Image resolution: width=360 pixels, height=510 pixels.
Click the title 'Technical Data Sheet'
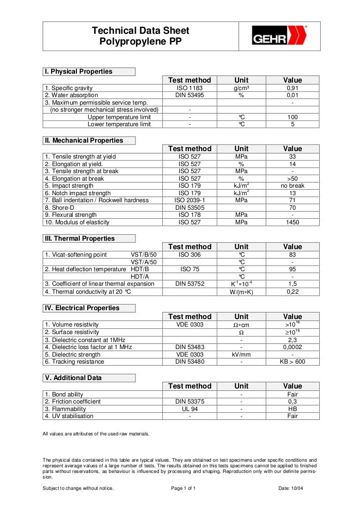pyautogui.click(x=141, y=31)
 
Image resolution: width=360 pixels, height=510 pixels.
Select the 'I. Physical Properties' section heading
pyautogui.click(x=79, y=72)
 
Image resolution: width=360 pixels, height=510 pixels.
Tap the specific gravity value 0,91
pyautogui.click(x=292, y=88)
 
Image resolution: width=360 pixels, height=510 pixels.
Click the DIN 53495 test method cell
pyautogui.click(x=189, y=95)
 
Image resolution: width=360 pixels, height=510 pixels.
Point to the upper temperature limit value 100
pyautogui.click(x=292, y=117)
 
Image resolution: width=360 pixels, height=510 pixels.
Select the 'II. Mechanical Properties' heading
pyautogui.click(x=84, y=141)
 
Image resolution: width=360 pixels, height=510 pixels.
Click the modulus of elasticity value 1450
pyautogui.click(x=292, y=222)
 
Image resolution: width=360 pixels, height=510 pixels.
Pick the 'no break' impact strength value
pyautogui.click(x=292, y=186)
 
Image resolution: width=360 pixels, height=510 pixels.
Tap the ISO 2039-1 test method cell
pyautogui.click(x=189, y=200)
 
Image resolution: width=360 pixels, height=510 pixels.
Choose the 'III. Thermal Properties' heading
pyautogui.click(x=80, y=239)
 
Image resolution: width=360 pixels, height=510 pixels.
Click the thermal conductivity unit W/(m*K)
pyautogui.click(x=241, y=292)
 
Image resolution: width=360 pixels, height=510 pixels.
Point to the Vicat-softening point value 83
pyautogui.click(x=292, y=255)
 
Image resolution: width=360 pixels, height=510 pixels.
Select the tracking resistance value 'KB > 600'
pyautogui.click(x=292, y=362)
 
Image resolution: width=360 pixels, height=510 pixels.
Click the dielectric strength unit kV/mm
pyautogui.click(x=241, y=355)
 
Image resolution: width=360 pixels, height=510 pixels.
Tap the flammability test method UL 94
pyautogui.click(x=189, y=409)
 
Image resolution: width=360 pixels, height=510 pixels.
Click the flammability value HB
pyautogui.click(x=292, y=409)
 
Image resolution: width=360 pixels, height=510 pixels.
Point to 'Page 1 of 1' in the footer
pyautogui.click(x=183, y=488)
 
